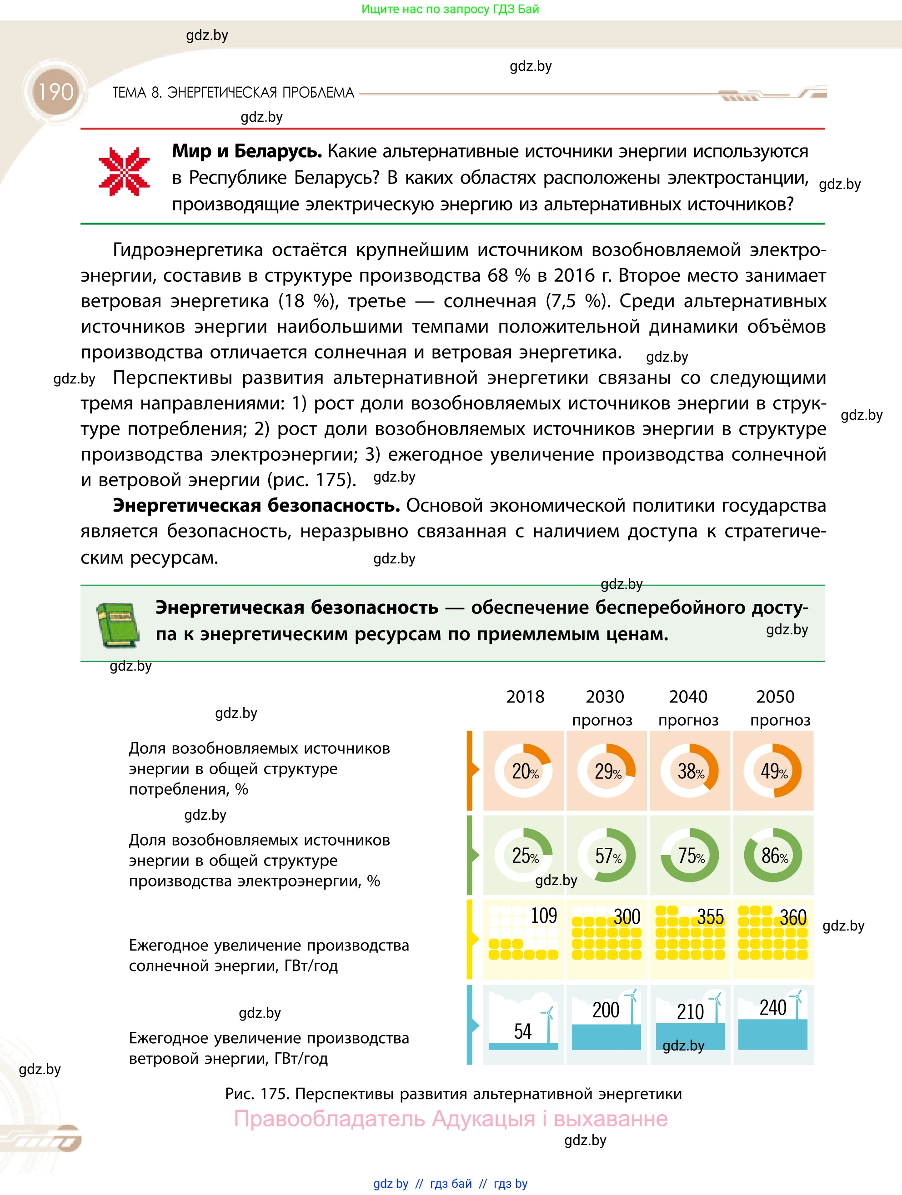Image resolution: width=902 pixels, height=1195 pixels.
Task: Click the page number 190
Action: (55, 92)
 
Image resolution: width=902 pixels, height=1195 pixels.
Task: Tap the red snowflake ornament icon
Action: (124, 171)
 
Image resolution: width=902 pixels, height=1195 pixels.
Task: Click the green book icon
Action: (118, 625)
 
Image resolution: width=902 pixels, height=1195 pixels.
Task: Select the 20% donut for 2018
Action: (524, 771)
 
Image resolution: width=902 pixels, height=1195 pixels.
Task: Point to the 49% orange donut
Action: (773, 771)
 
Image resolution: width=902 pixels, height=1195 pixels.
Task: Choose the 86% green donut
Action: (773, 855)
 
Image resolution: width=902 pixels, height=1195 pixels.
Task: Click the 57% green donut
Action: (607, 855)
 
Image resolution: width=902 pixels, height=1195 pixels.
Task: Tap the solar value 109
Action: (544, 916)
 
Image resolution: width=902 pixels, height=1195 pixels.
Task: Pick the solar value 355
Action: (710, 917)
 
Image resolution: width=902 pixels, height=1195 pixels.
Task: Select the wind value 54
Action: (523, 1031)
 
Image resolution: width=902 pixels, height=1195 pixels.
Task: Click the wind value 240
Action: (773, 1007)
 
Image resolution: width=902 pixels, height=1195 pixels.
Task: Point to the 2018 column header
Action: (525, 697)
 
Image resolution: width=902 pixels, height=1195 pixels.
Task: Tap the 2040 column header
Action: (688, 697)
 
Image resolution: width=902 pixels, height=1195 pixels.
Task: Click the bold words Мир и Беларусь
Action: (246, 151)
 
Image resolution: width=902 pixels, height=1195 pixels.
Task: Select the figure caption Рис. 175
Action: (257, 1094)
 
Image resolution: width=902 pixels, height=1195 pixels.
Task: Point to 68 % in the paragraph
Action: (509, 275)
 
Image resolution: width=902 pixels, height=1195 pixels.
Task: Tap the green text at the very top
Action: (450, 9)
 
